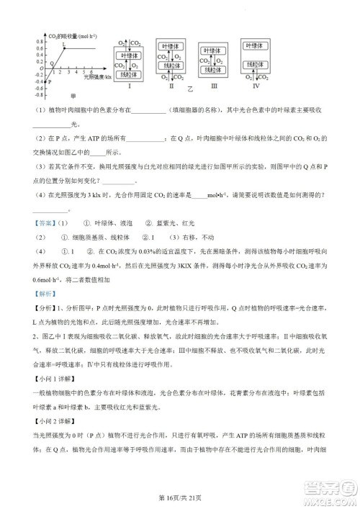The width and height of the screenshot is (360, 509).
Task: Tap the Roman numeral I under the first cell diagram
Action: tap(129, 86)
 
